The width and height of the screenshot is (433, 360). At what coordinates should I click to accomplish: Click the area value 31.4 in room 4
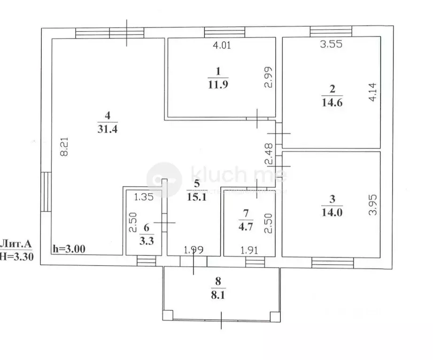(108, 130)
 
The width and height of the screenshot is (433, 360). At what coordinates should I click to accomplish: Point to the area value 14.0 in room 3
(332, 211)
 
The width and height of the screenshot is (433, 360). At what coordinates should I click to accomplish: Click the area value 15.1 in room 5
(197, 196)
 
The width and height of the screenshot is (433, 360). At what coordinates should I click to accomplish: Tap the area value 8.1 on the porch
(218, 296)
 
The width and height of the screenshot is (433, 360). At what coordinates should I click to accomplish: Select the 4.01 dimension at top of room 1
(223, 46)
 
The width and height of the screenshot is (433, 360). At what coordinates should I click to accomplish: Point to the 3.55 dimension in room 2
(330, 46)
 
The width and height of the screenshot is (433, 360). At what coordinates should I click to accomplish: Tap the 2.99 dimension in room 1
(267, 78)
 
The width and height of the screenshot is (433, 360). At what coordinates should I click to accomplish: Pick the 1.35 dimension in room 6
(143, 197)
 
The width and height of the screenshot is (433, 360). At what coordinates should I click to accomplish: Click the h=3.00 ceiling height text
(69, 249)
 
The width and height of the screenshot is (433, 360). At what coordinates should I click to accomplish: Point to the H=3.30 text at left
(17, 256)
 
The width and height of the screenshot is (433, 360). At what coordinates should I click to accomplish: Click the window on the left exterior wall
(46, 192)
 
